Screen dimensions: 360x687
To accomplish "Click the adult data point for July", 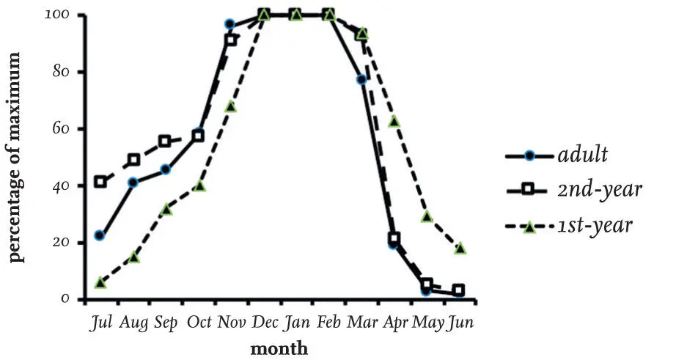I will pyautogui.click(x=100, y=235).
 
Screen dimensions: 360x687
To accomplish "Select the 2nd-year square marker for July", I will pyautogui.click(x=100, y=181).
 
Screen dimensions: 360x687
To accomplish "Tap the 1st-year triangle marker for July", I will pyautogui.click(x=100, y=282).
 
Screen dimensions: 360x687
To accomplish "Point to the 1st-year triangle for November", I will pyautogui.click(x=230, y=106).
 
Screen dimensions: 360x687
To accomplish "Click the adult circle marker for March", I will pyautogui.click(x=361, y=79).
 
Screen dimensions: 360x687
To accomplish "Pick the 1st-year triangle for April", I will pyautogui.click(x=394, y=121).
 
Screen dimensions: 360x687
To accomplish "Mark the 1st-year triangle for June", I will pyautogui.click(x=460, y=249).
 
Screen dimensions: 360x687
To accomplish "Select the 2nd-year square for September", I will pyautogui.click(x=165, y=141).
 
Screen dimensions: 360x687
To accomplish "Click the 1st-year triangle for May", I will pyautogui.click(x=427, y=216).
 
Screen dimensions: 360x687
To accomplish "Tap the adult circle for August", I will pyautogui.click(x=133, y=183).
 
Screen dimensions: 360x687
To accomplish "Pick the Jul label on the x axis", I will pyautogui.click(x=99, y=323).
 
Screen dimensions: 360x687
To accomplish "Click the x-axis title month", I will pyautogui.click(x=279, y=348).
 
